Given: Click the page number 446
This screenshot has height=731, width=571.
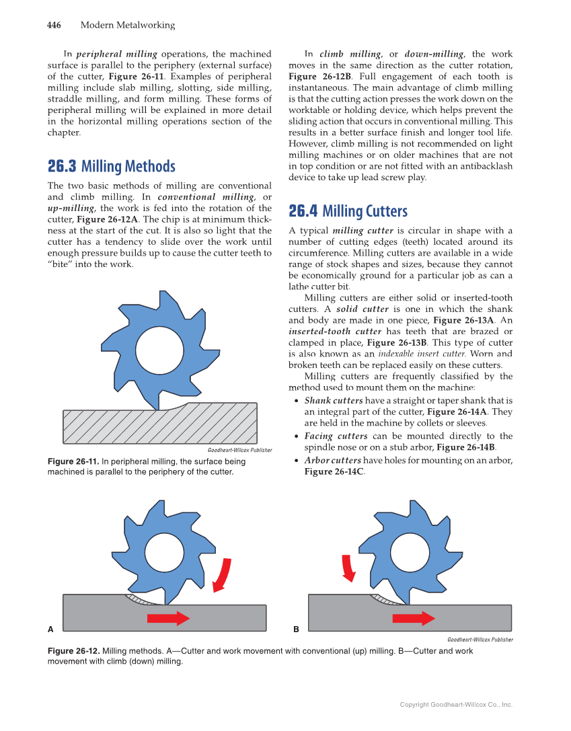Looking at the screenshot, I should point(54,26).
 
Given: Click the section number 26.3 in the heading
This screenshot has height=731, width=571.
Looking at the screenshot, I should point(61,167).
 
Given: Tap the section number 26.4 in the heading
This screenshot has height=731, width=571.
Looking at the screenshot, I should point(303,212).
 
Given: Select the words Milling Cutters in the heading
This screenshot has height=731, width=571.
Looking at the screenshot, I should point(365,212).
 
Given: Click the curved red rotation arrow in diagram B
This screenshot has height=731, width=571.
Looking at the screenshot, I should point(348,567).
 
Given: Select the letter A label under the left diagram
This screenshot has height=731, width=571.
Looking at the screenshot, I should point(50,629).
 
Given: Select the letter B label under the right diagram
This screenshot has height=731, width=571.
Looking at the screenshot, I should point(296,629).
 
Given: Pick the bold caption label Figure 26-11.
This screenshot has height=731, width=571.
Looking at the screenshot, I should point(73,462).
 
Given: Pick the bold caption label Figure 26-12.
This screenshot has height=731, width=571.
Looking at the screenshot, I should point(73,652).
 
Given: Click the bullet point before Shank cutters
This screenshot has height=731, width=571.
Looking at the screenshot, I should point(297,401).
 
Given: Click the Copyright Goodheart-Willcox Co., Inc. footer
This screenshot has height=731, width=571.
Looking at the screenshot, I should point(456,705).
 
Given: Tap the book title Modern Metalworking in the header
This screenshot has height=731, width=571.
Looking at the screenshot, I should point(127,26).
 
